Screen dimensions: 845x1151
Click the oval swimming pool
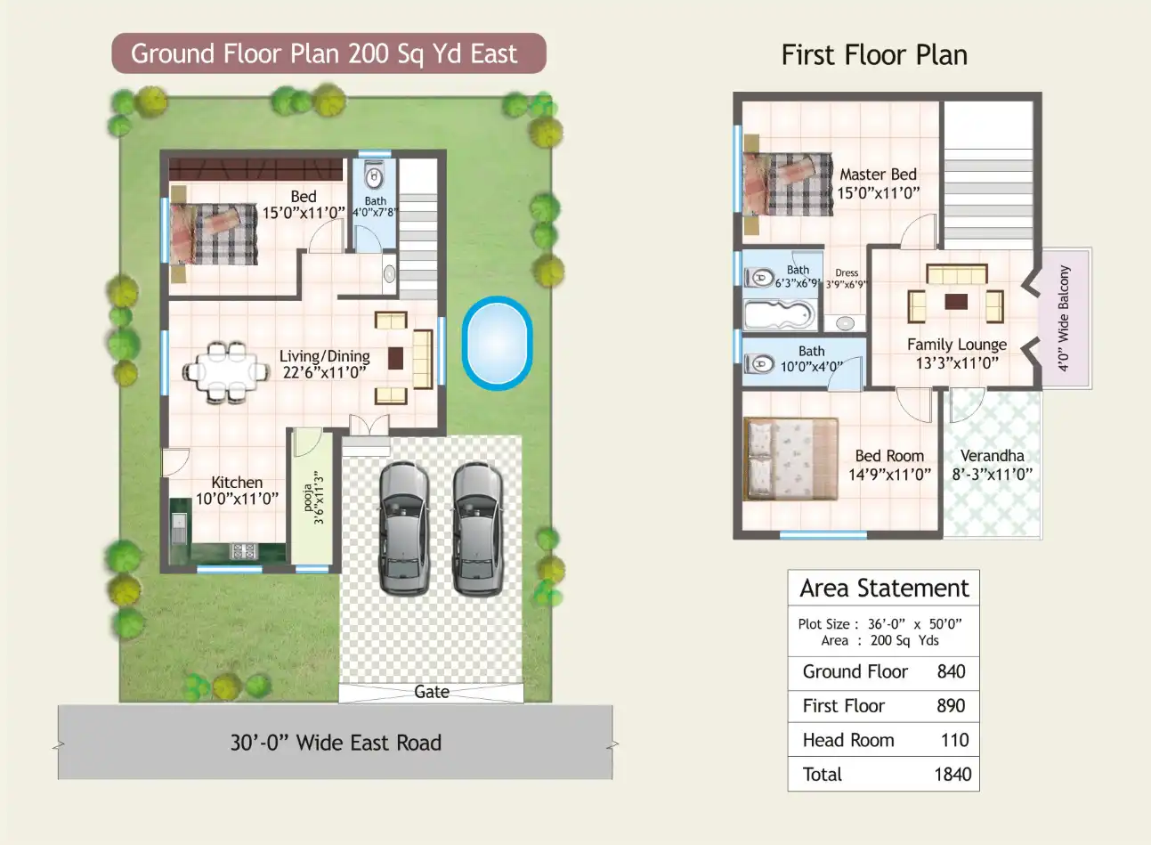tap(496, 343)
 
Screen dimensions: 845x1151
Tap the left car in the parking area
tap(403, 528)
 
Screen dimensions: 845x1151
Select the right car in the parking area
tap(476, 528)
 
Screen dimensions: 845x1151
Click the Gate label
tap(432, 692)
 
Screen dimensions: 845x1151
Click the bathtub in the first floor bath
tap(778, 314)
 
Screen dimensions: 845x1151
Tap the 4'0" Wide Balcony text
tap(1064, 318)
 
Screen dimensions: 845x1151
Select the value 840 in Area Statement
tap(951, 672)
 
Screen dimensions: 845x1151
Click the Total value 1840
tap(952, 775)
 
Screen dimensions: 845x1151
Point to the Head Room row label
tap(847, 740)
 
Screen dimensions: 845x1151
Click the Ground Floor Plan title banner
tap(328, 53)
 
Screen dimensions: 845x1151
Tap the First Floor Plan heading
tap(874, 55)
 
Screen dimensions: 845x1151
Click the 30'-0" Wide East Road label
tap(336, 743)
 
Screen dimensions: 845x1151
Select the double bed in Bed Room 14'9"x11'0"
tap(790, 459)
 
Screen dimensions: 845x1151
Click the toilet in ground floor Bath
tap(375, 175)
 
